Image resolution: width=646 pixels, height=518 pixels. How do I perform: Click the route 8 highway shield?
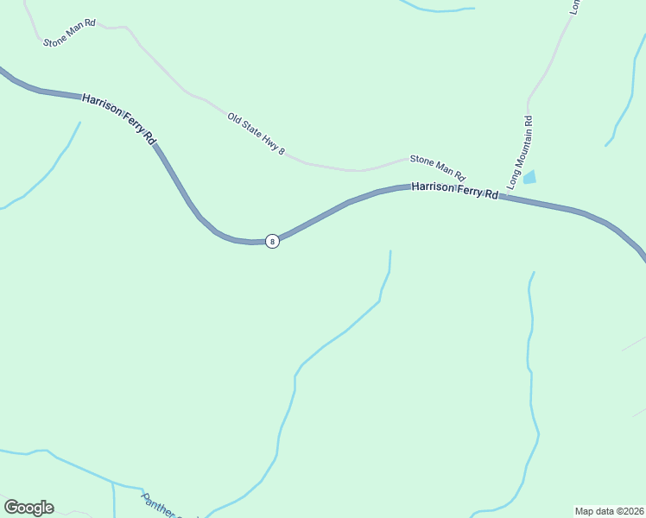point(272,241)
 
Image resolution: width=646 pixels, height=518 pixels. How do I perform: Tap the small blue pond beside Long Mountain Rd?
point(529,177)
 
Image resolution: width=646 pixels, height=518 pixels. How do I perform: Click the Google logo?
point(28,508)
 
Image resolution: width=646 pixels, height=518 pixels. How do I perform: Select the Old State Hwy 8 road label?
point(256,134)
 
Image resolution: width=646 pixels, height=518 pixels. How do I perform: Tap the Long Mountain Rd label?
point(520,153)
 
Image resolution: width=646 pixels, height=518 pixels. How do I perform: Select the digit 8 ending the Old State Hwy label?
point(282,152)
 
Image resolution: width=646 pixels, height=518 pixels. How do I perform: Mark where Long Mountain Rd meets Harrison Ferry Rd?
point(501,197)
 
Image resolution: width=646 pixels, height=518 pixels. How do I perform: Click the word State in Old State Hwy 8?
point(250,129)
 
